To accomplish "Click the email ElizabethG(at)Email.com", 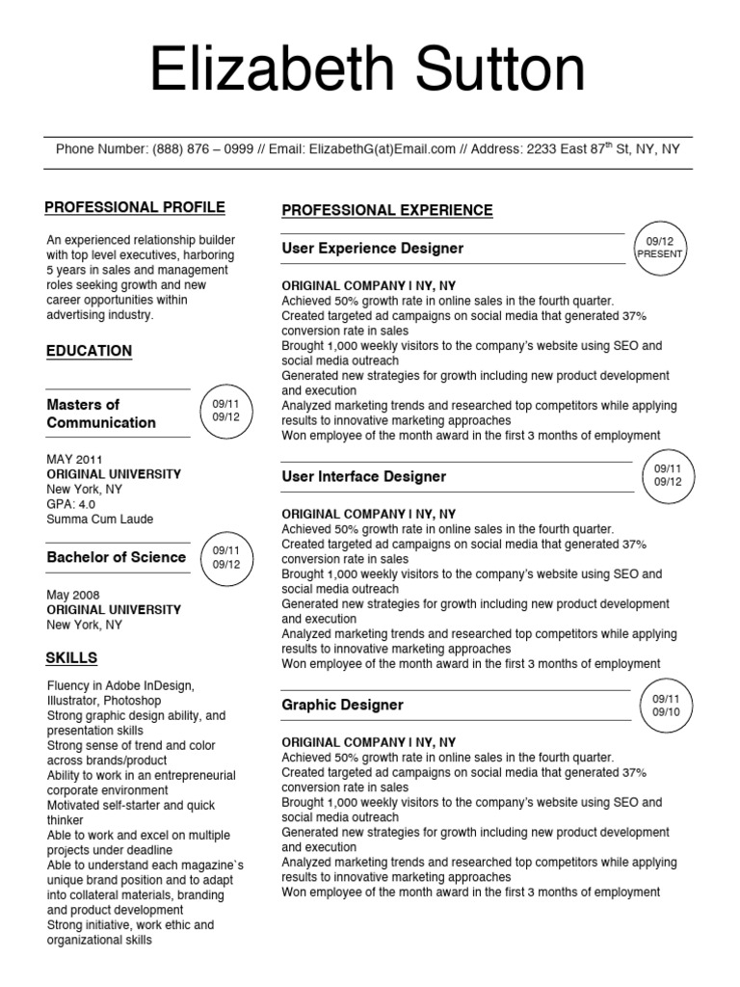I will (x=382, y=149).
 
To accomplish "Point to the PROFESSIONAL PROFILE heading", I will (x=135, y=207).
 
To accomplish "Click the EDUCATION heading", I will (x=90, y=351).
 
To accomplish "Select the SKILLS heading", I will (x=71, y=658).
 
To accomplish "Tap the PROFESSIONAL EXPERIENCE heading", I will (x=386, y=210).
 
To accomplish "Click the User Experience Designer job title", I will (x=372, y=249).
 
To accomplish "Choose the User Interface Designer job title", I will (x=363, y=477).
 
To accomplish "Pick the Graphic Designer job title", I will (x=342, y=706).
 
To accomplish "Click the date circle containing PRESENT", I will (x=659, y=248).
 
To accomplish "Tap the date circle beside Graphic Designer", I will (x=666, y=706).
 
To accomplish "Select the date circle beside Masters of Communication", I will (x=225, y=410).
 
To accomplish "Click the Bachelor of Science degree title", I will (x=116, y=557).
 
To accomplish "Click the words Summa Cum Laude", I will (x=99, y=520).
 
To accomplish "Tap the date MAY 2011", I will (x=74, y=460).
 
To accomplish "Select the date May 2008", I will (x=73, y=595).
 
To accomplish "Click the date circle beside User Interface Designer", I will (x=667, y=475).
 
